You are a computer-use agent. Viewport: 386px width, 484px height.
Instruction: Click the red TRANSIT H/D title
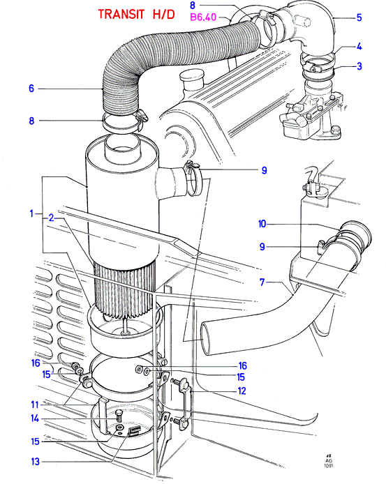136,14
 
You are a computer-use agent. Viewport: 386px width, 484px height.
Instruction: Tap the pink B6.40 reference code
203,17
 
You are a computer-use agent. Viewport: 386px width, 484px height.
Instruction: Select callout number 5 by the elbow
359,17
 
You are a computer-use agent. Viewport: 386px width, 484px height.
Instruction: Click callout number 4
359,47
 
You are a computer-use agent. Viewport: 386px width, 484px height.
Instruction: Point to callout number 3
359,66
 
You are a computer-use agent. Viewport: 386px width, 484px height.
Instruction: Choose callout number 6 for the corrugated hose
31,89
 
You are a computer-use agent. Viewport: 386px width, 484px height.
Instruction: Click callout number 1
31,213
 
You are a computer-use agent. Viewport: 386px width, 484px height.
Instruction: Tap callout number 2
51,218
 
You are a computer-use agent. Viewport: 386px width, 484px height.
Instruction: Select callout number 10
262,224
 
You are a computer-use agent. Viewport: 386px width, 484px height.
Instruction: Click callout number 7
262,282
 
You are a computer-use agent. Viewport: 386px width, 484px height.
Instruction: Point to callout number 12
242,391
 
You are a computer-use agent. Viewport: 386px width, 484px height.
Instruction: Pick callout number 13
36,462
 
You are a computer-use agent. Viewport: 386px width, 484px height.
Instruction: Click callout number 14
35,418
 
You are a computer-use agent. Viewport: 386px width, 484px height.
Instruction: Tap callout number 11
35,404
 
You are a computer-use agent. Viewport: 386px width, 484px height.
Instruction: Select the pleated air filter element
124,289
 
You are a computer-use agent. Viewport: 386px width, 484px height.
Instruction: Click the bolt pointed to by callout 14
118,416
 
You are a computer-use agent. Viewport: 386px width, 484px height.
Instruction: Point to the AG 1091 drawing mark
329,461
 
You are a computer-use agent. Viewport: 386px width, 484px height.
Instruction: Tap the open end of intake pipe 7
207,338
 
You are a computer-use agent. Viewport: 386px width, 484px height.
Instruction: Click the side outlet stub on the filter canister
172,182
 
